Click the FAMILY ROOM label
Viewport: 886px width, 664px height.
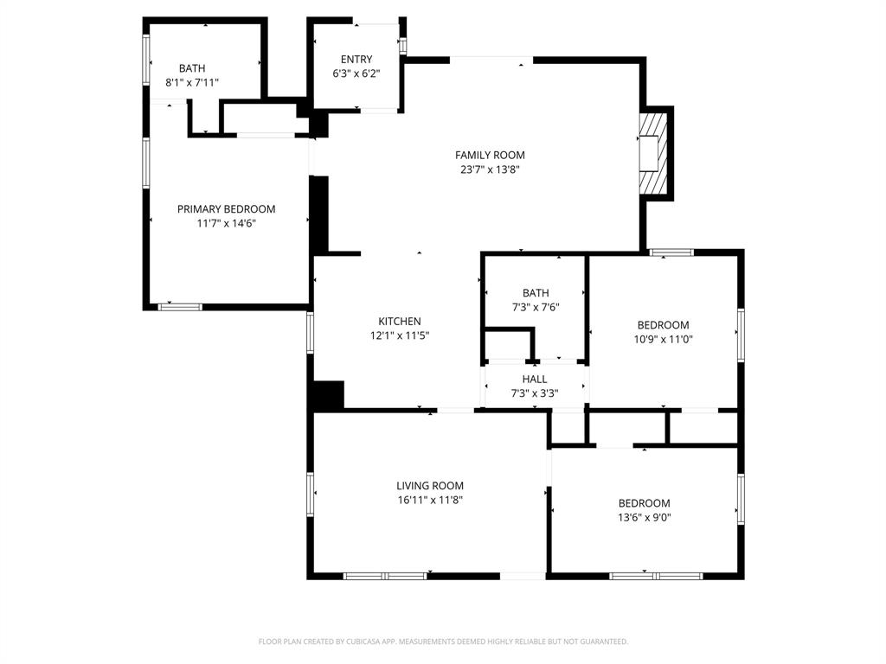coord(490,156)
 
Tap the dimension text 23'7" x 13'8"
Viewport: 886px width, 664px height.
coord(490,169)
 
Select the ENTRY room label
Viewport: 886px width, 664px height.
coord(356,60)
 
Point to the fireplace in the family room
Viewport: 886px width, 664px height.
coord(656,153)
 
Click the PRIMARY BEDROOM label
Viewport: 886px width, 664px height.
coord(226,209)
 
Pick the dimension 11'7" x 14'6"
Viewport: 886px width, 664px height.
coord(226,223)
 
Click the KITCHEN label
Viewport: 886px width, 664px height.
coord(399,322)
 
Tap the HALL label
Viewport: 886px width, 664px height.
coord(534,380)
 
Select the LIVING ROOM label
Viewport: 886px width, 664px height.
coord(430,486)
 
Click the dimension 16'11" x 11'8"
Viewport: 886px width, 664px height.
coord(430,500)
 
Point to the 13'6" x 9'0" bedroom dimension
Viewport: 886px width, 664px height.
coord(644,518)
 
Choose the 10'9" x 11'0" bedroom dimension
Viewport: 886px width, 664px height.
coord(663,340)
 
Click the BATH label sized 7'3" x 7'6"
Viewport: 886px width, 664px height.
coord(535,293)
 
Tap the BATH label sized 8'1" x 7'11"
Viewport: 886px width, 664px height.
coord(192,68)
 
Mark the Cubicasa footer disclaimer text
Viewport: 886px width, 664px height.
coord(443,642)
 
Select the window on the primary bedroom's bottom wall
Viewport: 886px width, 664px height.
coord(180,306)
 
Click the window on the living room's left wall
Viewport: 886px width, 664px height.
coord(311,495)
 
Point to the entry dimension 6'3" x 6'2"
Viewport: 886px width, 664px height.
coord(356,73)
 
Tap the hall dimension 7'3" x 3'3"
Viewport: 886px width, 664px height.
coord(534,393)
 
